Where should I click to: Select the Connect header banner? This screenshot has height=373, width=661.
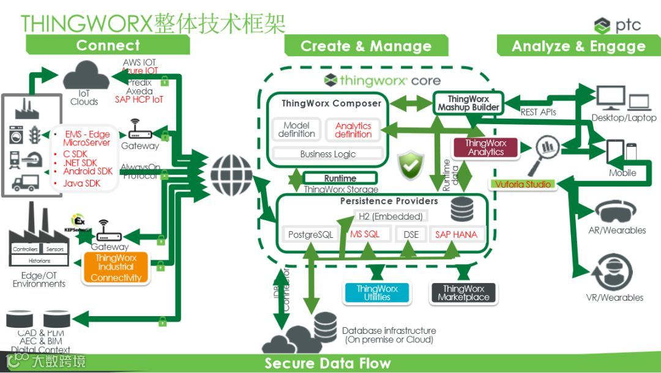(108, 45)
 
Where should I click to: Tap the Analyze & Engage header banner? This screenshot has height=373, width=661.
(578, 46)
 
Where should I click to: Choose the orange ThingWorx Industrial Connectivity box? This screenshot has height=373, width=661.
(116, 268)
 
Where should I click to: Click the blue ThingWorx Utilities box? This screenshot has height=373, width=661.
(377, 293)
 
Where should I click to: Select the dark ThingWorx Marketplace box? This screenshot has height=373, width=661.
(463, 293)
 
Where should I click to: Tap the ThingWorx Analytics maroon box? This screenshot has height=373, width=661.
(485, 147)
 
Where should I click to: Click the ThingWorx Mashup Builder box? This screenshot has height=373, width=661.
(468, 103)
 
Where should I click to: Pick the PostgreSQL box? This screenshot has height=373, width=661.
(310, 234)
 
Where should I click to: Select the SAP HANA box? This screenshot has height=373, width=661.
(456, 234)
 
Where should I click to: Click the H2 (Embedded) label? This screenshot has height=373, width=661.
(390, 216)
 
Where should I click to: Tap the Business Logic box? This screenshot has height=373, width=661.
(327, 154)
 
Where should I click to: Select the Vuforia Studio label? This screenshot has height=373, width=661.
(523, 184)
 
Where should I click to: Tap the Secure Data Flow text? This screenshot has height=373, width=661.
(327, 363)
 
